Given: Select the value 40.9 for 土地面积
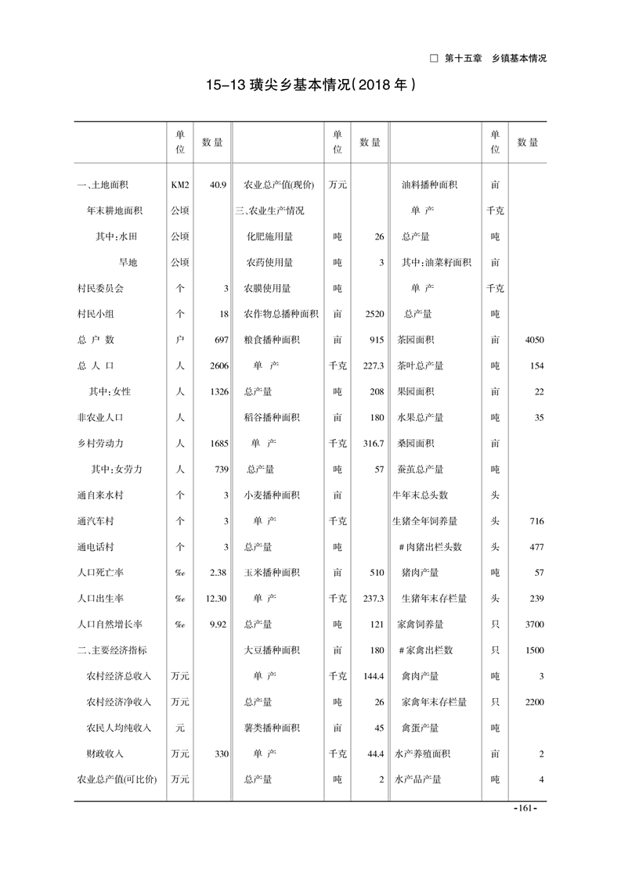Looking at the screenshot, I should (218, 185).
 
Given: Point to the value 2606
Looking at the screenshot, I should (218, 365).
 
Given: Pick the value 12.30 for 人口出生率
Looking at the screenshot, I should (217, 598).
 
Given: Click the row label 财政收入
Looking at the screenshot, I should (105, 754).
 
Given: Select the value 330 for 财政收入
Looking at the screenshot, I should (220, 754).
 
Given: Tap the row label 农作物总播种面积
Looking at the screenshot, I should (281, 314).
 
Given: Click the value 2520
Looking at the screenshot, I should (374, 314).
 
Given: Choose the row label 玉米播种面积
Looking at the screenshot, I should (272, 572).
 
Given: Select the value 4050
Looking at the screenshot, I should (534, 340).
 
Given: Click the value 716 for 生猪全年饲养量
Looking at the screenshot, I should (536, 520).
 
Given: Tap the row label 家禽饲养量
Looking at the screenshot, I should (421, 624).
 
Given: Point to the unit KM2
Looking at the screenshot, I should (180, 185).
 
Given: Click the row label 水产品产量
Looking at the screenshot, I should (418, 779).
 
